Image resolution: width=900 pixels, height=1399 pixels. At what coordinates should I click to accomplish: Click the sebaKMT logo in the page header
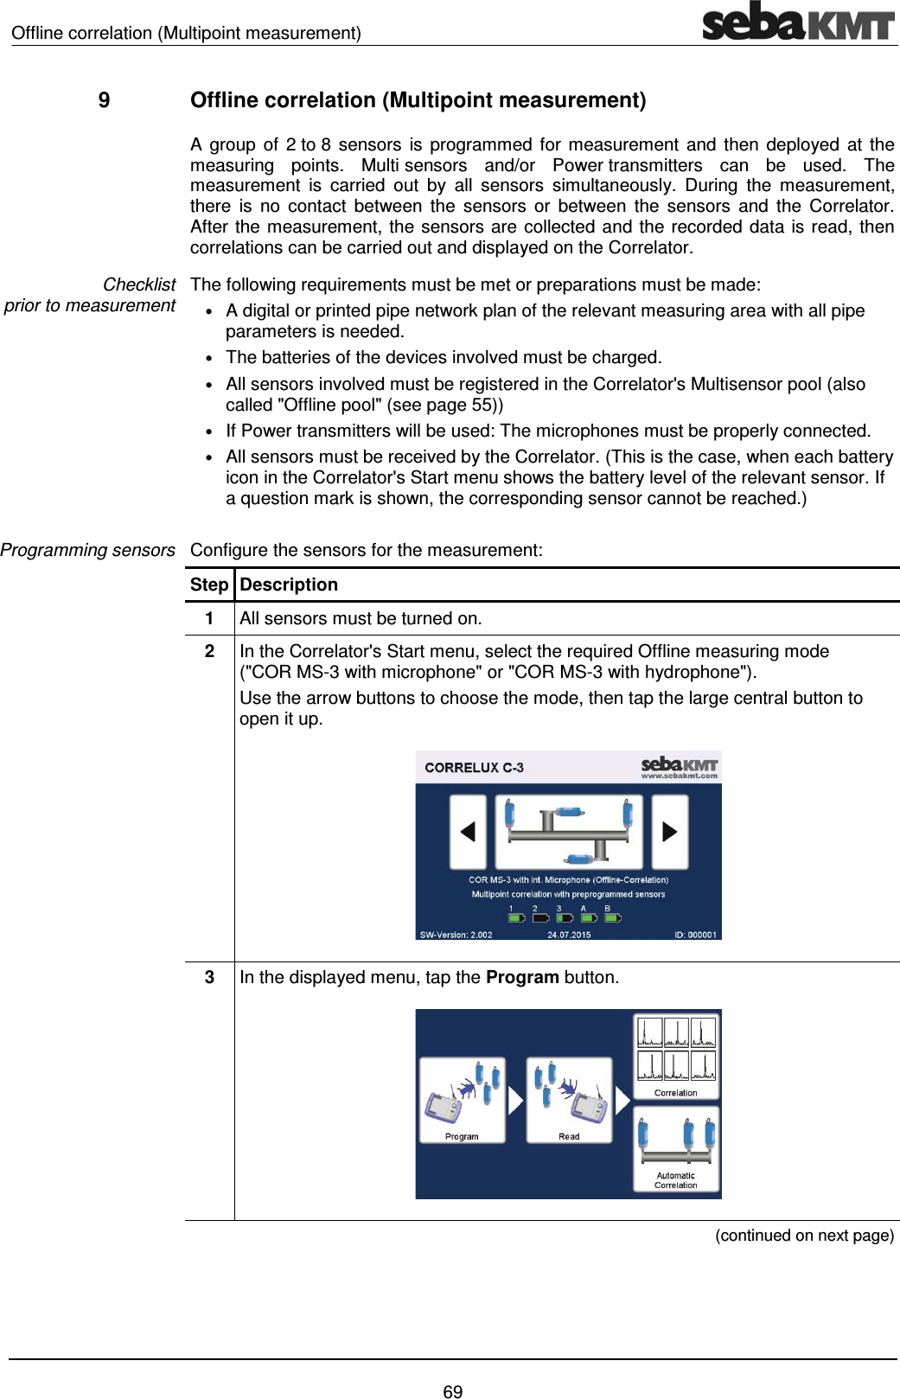[x=797, y=22]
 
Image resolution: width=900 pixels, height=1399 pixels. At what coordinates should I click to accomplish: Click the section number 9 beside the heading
[x=104, y=100]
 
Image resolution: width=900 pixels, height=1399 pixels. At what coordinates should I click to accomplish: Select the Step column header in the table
[x=209, y=585]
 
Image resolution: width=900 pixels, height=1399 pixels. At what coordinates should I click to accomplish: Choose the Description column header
[x=289, y=585]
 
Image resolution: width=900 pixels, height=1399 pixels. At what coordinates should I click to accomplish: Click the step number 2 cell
[x=209, y=651]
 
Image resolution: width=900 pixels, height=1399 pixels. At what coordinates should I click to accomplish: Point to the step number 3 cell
[x=209, y=977]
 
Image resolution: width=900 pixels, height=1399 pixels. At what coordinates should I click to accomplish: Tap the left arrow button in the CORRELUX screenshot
[x=468, y=832]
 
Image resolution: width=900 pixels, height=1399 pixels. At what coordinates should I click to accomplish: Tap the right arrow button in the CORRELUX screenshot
[x=669, y=832]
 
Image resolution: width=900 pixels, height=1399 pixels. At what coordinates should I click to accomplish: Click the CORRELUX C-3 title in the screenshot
[x=474, y=768]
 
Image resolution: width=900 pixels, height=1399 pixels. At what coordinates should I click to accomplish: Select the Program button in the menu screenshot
[x=462, y=1100]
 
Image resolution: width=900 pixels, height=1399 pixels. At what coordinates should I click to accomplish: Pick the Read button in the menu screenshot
[x=569, y=1100]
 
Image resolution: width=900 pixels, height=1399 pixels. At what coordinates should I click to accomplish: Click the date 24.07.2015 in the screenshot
[x=569, y=935]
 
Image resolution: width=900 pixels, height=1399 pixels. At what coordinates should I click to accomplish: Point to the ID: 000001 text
[x=695, y=935]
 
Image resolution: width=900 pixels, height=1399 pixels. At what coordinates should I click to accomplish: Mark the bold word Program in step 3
[x=522, y=977]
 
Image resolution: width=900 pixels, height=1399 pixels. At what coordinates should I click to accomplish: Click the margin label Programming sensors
[x=87, y=550]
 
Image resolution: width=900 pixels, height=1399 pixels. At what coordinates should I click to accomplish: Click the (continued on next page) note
[x=804, y=1235]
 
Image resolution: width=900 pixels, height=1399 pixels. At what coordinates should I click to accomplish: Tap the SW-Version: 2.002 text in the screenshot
[x=456, y=935]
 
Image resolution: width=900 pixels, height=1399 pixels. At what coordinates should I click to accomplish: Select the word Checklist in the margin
[x=139, y=284]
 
